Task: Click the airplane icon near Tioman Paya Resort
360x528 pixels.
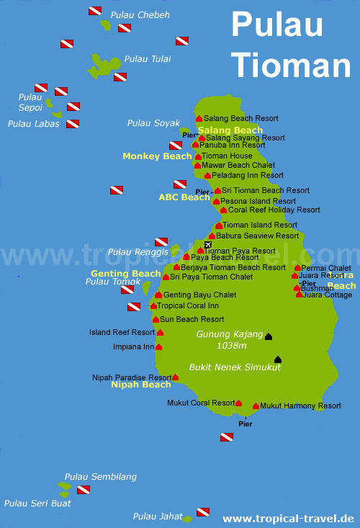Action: click(x=208, y=246)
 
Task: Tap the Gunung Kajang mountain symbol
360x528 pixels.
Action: click(x=269, y=336)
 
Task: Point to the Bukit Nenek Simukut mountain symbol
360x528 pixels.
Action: click(x=278, y=359)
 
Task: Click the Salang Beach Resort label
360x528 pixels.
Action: click(x=240, y=118)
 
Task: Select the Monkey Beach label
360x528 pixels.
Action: click(x=157, y=156)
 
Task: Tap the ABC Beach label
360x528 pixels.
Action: click(x=184, y=197)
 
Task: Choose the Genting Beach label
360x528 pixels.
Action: click(x=125, y=274)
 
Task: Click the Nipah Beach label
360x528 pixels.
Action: click(x=140, y=385)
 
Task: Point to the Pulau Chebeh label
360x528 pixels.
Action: click(x=140, y=15)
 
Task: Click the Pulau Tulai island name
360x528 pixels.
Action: click(x=147, y=59)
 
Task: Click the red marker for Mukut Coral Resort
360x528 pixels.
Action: click(x=238, y=404)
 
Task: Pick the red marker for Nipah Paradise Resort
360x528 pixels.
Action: click(x=175, y=377)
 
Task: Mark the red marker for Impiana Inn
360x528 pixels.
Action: click(x=158, y=346)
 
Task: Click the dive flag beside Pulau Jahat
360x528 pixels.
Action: click(x=203, y=512)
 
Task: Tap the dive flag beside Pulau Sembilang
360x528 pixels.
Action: click(x=83, y=490)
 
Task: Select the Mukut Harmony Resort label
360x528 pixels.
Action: click(x=301, y=406)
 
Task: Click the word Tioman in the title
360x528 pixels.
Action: click(x=290, y=64)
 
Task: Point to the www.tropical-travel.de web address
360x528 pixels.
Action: click(x=288, y=519)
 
